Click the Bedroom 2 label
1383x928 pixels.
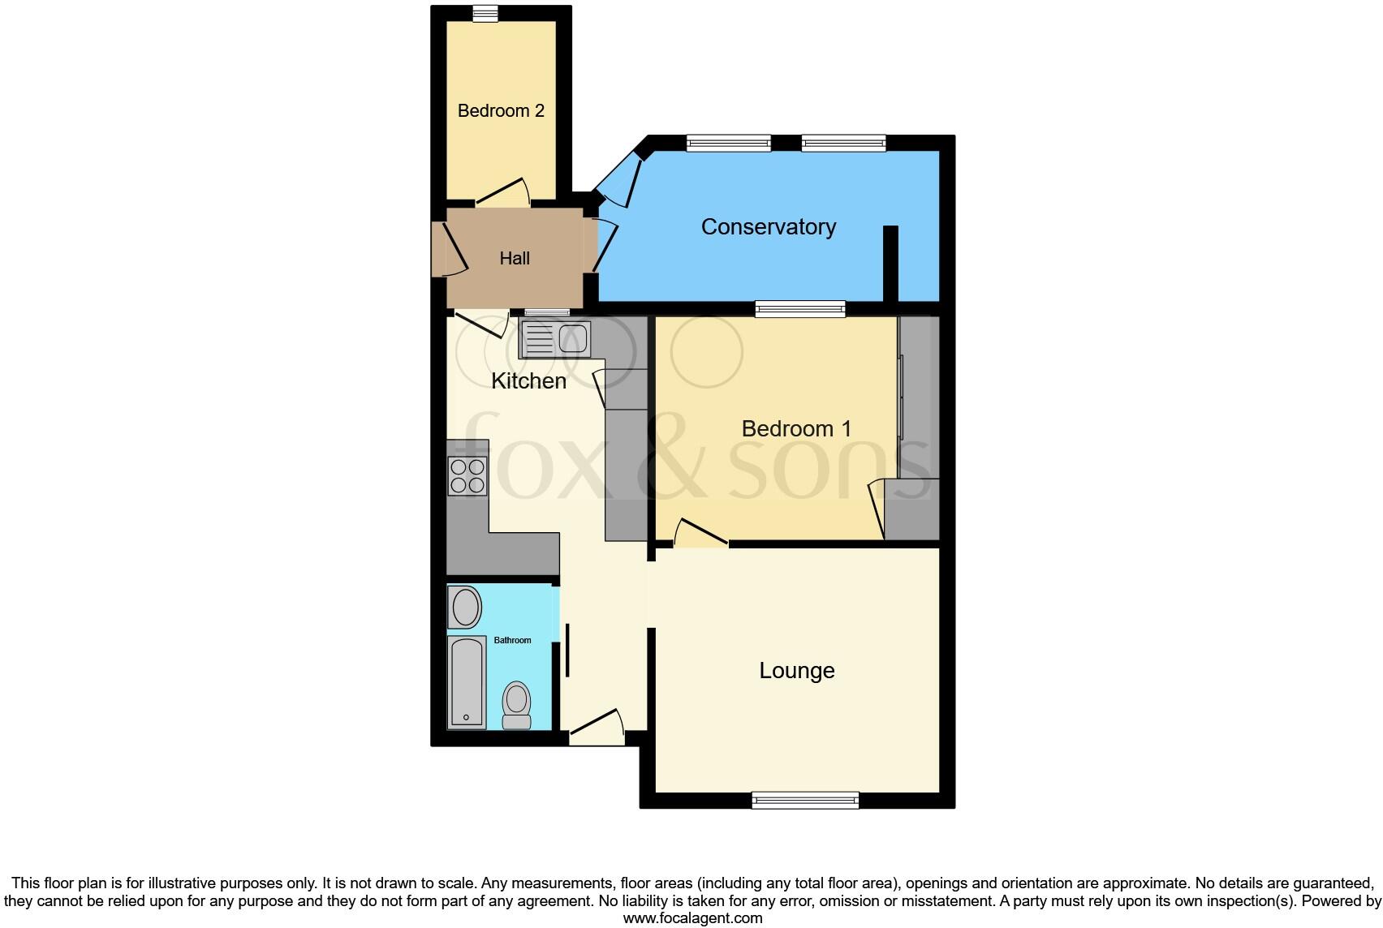pyautogui.click(x=501, y=110)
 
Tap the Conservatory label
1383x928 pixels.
pyautogui.click(x=768, y=226)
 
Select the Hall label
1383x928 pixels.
pyautogui.click(x=515, y=258)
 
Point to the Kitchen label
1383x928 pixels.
pyautogui.click(x=528, y=380)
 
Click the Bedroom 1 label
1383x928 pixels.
pyautogui.click(x=796, y=428)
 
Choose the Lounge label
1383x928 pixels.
pyautogui.click(x=796, y=671)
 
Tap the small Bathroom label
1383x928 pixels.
pyautogui.click(x=512, y=640)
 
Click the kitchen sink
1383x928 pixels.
pyautogui.click(x=556, y=337)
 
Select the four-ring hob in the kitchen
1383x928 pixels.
pyautogui.click(x=467, y=476)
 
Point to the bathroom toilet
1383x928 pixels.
pyautogui.click(x=516, y=706)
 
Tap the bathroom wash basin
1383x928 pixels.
pyautogui.click(x=466, y=608)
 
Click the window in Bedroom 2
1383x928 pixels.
pyautogui.click(x=485, y=13)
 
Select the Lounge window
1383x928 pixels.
pyautogui.click(x=805, y=801)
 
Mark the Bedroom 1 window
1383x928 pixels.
pyautogui.click(x=799, y=308)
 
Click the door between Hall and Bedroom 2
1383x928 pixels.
pyautogui.click(x=503, y=193)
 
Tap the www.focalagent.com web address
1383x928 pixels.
pyautogui.click(x=692, y=918)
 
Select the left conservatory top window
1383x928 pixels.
pyautogui.click(x=728, y=144)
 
